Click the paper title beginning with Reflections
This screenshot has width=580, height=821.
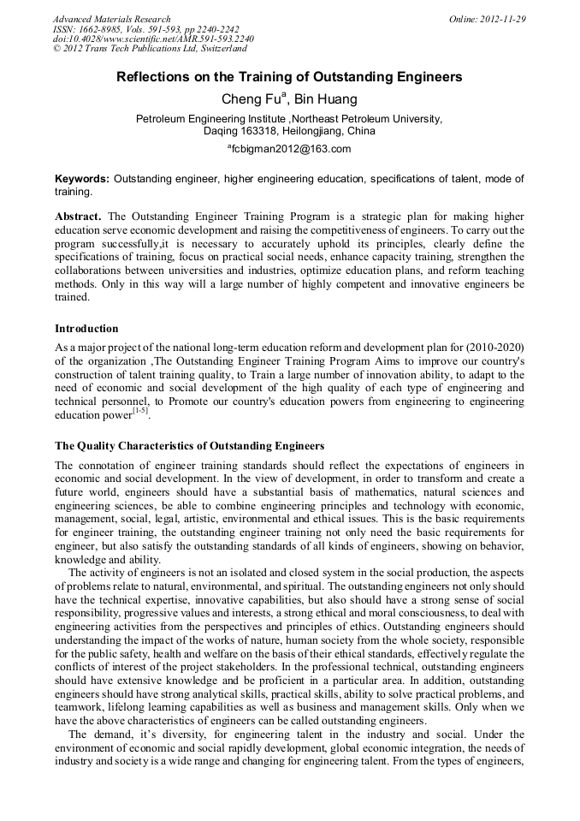point(289,77)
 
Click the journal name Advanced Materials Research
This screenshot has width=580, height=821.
point(111,19)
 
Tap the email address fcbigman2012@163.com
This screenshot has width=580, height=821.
point(292,149)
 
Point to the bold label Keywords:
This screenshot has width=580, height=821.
point(82,179)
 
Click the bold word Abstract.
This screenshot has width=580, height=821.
point(78,217)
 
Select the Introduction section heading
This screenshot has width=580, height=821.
point(86,329)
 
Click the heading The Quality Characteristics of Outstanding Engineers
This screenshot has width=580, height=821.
point(189,446)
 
